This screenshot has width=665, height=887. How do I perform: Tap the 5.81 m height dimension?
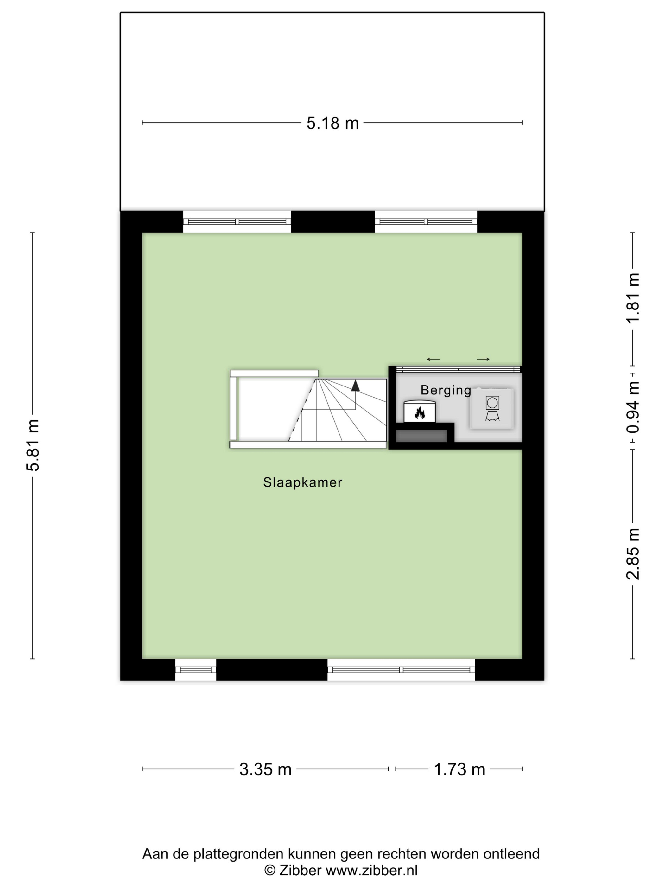(x=33, y=444)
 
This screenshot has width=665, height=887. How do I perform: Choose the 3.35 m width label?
(x=265, y=769)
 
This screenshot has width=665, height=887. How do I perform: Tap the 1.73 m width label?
(x=459, y=769)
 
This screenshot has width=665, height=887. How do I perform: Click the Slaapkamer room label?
(x=303, y=482)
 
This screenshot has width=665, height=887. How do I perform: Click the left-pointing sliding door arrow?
(x=433, y=359)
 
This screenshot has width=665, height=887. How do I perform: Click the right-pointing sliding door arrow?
(x=483, y=359)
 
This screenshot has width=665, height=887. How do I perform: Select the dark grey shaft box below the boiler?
(x=421, y=436)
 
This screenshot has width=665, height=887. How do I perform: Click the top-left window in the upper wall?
(x=237, y=221)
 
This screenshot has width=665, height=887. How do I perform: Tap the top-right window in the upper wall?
(x=426, y=221)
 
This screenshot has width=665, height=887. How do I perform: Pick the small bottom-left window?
(x=196, y=670)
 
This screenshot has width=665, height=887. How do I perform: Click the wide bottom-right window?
(x=401, y=670)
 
